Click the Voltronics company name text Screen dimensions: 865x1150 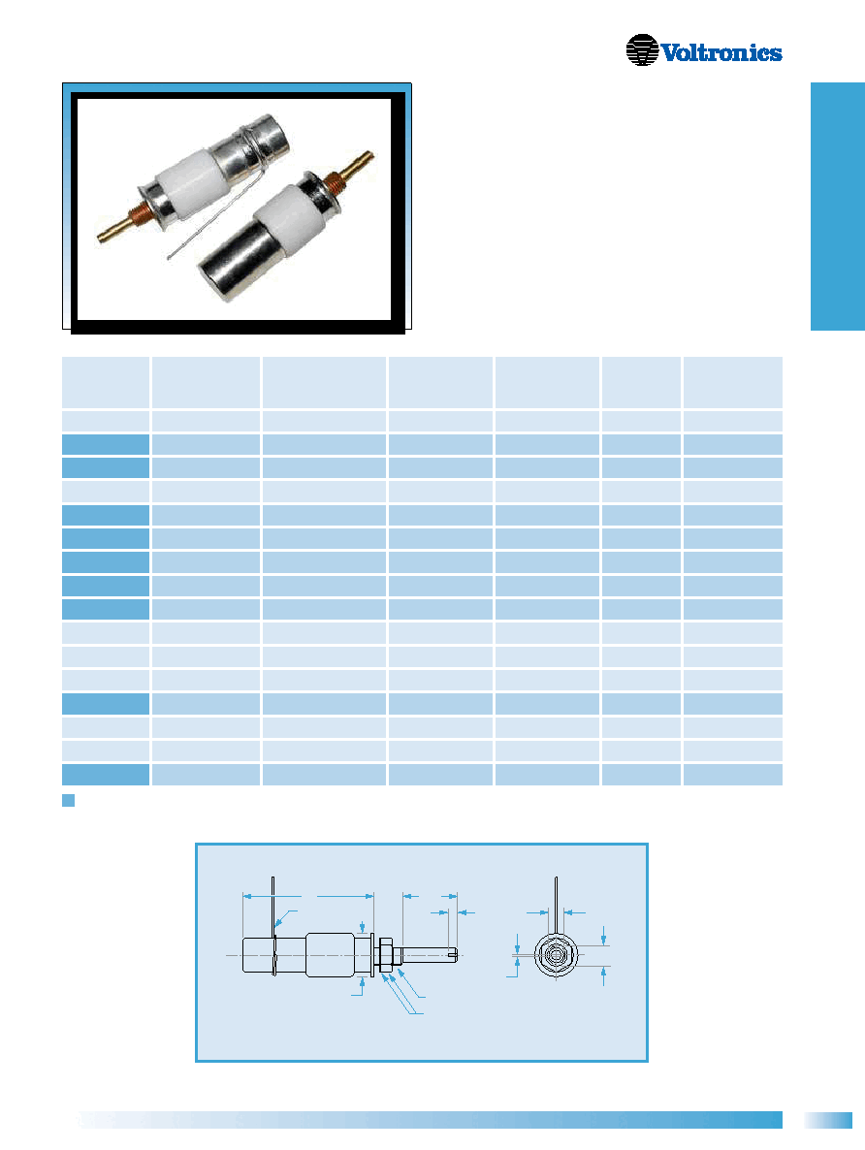[x=721, y=52]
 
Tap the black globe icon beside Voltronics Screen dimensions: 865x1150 [x=642, y=49]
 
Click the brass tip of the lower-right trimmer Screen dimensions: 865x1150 [x=361, y=166]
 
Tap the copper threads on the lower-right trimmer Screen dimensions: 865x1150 [x=334, y=182]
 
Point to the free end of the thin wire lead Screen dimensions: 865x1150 [x=167, y=257]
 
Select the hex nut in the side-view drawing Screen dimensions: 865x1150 [x=384, y=955]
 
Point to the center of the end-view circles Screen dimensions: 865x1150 [x=556, y=955]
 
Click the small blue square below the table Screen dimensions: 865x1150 [x=68, y=800]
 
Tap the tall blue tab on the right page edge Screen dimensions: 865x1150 [x=838, y=207]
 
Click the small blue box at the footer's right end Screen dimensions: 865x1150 [x=828, y=1120]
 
